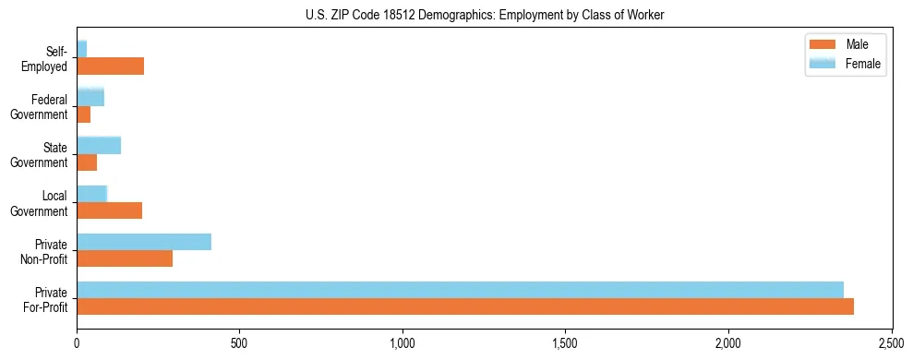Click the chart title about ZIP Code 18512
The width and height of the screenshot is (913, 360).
coord(485,16)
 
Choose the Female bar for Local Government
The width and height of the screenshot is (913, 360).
coord(91,194)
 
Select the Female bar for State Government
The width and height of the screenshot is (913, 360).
coord(99,145)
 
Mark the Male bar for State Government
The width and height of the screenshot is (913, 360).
coord(87,162)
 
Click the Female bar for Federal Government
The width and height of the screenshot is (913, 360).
coord(90,97)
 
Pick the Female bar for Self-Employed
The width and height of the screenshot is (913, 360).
coord(81,49)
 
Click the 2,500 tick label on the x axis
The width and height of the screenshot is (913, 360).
coord(891,343)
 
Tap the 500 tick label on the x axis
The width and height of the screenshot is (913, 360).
coord(239,343)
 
